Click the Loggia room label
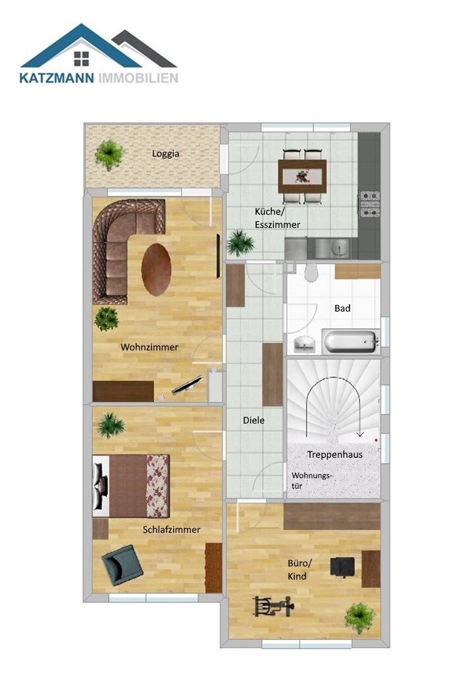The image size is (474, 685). (x=165, y=153)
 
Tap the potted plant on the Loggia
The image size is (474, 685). (x=109, y=154)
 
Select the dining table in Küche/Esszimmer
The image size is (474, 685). (x=302, y=176)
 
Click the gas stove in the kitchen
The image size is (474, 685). (x=369, y=204)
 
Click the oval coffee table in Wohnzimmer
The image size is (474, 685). (x=156, y=269)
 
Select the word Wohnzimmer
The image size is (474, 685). (x=149, y=347)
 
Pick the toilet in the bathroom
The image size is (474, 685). (x=311, y=272)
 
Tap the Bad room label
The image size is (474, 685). (x=342, y=308)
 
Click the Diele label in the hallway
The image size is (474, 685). (x=253, y=420)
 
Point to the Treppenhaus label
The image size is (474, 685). (x=335, y=454)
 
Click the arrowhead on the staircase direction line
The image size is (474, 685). (x=359, y=434)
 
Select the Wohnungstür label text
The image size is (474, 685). (x=312, y=480)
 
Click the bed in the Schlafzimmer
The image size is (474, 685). (x=131, y=486)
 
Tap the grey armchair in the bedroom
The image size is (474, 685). (x=122, y=565)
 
